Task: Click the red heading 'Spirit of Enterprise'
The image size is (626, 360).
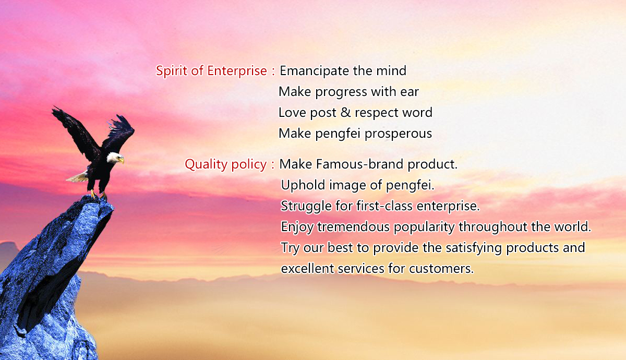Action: coord(211,71)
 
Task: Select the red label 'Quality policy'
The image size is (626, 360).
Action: coord(225,164)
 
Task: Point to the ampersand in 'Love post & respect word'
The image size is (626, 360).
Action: coord(345,112)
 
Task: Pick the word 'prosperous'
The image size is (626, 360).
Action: coord(398,134)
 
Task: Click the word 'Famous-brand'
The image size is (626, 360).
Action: coord(359,164)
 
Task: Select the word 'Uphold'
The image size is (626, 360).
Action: coord(303,185)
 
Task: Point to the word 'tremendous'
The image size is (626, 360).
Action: coord(354,226)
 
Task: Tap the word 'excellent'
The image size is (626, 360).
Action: coord(308,269)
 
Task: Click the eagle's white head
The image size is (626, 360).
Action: coord(114,157)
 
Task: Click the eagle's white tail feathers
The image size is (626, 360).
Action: coord(78,177)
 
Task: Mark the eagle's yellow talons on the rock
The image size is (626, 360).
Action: coord(98,195)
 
